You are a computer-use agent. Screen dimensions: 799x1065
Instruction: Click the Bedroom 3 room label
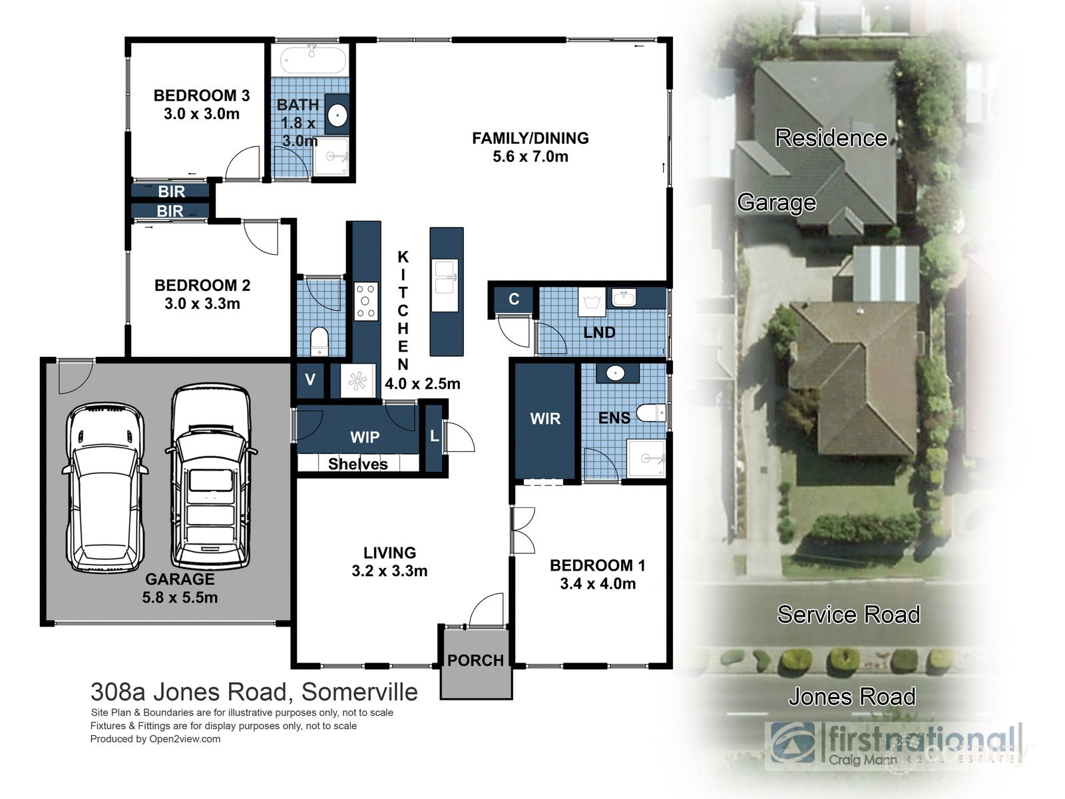[x=201, y=96]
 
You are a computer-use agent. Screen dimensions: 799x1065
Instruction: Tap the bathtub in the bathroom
[x=313, y=61]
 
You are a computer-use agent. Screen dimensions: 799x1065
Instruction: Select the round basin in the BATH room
[x=337, y=116]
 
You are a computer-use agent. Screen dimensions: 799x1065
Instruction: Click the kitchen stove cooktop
[x=365, y=301]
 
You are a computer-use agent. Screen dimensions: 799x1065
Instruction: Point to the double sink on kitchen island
[x=445, y=277]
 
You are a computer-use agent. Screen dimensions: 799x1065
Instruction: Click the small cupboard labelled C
[x=514, y=299]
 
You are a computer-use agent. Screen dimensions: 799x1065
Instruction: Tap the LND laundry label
[x=599, y=332]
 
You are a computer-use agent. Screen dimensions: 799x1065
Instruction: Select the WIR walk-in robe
[x=545, y=419]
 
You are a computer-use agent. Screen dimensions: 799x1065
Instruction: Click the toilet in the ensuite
[x=650, y=413]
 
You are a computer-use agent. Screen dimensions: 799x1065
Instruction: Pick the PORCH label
[x=475, y=661]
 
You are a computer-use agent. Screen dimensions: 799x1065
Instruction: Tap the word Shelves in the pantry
[x=357, y=464]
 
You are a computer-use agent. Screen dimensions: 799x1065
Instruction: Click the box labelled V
[x=310, y=380]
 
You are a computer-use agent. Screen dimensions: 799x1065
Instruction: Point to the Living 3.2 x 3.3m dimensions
[x=389, y=571]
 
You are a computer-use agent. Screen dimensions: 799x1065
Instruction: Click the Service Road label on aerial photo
[x=848, y=614]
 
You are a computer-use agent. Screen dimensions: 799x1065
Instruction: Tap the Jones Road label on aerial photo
[x=851, y=696]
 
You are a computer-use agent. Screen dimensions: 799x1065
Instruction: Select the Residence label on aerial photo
[x=831, y=138]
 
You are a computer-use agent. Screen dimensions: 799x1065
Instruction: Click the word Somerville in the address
[x=359, y=692]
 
